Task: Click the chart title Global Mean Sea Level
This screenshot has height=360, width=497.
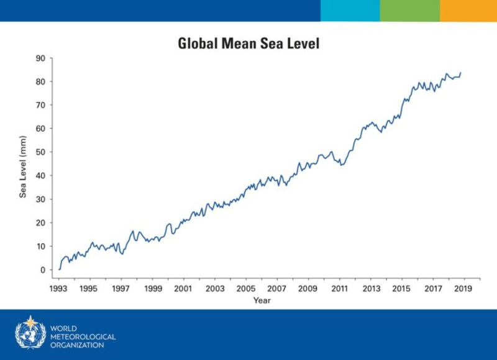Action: [248, 44]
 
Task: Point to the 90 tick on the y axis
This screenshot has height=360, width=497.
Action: [41, 58]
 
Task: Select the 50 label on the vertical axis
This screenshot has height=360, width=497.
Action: [41, 152]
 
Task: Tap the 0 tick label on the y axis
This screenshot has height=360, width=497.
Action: [43, 270]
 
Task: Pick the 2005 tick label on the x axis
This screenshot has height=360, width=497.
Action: [245, 289]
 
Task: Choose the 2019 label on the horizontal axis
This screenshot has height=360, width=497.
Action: [463, 289]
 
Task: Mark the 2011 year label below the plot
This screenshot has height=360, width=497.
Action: [339, 289]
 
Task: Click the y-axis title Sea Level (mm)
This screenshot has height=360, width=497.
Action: [23, 166]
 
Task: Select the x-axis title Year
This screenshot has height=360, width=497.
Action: [262, 301]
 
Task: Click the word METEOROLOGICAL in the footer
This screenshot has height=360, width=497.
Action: [82, 336]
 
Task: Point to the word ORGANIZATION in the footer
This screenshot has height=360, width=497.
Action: [77, 345]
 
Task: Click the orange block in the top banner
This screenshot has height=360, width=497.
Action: [468, 11]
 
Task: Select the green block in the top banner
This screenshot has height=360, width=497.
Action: [409, 11]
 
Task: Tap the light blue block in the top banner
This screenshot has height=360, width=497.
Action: [350, 11]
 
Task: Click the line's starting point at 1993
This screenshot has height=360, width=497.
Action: [59, 269]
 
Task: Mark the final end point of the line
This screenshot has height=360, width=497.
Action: [460, 73]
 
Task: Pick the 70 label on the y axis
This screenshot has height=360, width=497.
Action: [41, 105]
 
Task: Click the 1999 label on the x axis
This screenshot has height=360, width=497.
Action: [152, 289]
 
